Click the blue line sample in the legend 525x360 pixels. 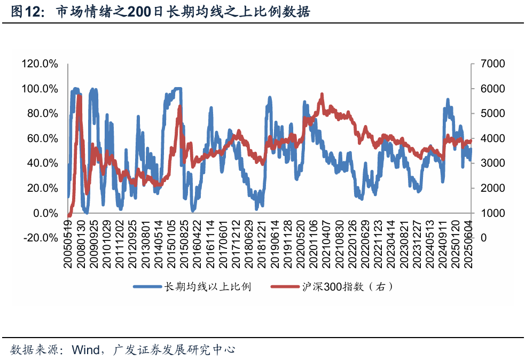point(147,287)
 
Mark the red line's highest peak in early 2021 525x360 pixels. point(322,95)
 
